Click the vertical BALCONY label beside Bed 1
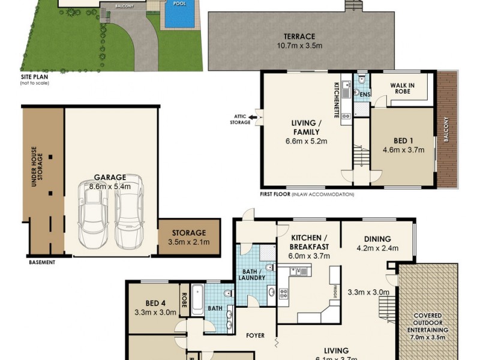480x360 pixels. pos(445,128)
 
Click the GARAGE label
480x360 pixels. pos(109,178)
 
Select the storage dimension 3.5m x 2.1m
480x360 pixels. pos(189,242)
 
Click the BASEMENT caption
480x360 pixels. pos(41,262)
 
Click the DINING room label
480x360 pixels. pos(376,238)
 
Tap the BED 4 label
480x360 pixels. pos(154,303)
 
